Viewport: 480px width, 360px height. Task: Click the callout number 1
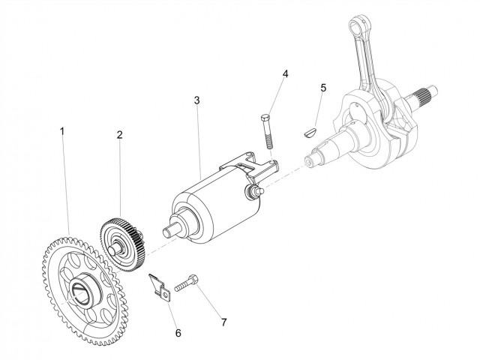tap(62, 130)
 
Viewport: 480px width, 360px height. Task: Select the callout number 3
tap(196, 99)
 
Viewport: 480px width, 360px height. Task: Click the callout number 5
tap(323, 88)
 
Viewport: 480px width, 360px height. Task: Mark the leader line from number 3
tap(199, 135)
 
